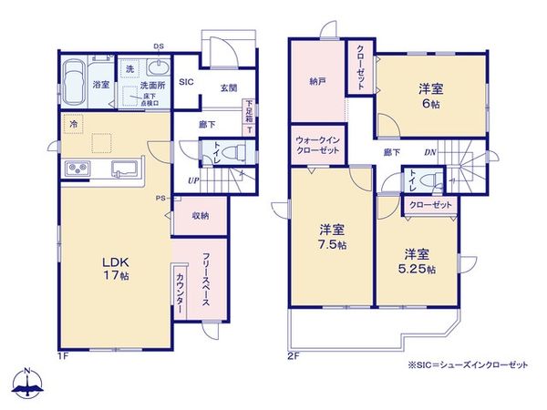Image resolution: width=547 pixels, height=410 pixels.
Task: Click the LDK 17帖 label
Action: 114,265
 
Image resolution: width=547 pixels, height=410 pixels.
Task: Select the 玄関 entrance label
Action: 228,87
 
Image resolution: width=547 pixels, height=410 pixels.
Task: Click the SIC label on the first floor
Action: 186,81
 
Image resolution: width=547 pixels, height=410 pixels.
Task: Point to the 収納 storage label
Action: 201,216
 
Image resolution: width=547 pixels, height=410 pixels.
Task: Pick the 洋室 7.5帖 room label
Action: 332,236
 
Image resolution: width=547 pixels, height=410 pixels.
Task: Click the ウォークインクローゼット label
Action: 318,146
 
